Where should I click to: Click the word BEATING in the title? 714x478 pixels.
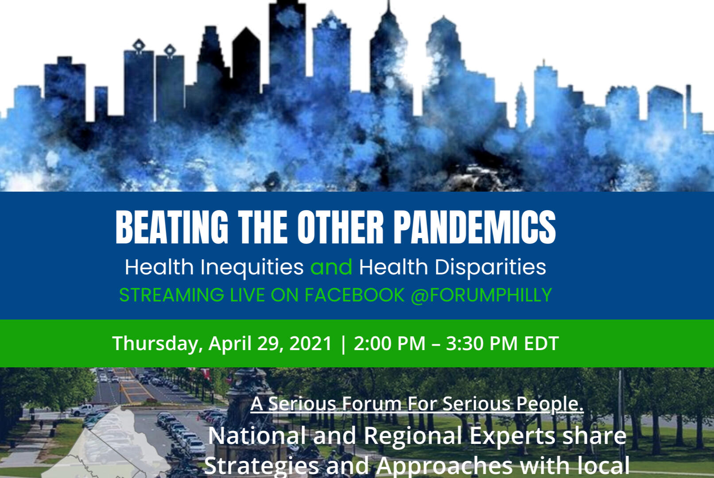[172, 227]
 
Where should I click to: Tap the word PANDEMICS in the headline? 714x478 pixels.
[475, 227]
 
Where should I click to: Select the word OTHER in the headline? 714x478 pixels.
[340, 227]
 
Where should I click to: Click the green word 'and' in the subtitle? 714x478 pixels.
[331, 267]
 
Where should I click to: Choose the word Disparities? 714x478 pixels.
[490, 267]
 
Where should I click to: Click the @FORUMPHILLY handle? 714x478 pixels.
[481, 295]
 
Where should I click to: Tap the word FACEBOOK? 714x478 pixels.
[354, 295]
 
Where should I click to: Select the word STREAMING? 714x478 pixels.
[171, 295]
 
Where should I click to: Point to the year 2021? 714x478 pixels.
[310, 343]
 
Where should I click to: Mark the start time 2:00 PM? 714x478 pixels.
[389, 343]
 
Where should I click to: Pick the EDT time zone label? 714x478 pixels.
[541, 343]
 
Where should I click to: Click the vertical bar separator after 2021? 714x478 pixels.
[343, 344]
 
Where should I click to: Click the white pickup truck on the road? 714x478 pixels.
[81, 410]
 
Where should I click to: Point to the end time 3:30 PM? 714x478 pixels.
[481, 343]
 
